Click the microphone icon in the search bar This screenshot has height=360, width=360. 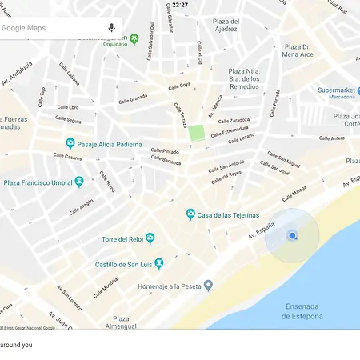[x=111, y=28]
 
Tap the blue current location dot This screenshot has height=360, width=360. [x=292, y=235]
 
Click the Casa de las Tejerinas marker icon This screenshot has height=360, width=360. [x=190, y=214]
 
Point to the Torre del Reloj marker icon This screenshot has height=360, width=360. [x=150, y=238]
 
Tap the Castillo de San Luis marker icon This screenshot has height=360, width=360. [x=158, y=263]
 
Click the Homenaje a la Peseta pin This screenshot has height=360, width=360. [x=208, y=285]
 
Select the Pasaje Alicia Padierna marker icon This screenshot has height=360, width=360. [x=70, y=144]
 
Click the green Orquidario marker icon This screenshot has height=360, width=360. [x=134, y=38]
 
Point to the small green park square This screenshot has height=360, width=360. [x=196, y=132]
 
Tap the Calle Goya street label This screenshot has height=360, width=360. [x=179, y=86]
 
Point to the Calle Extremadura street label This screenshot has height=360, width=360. [x=230, y=130]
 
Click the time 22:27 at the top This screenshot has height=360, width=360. [x=180, y=5]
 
